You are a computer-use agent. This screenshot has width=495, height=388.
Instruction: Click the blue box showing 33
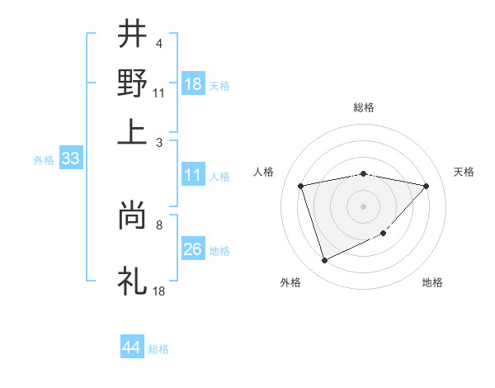pos(70,159)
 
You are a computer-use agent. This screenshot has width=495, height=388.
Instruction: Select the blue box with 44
pos(132,348)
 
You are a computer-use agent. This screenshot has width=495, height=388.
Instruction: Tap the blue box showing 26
pos(193,249)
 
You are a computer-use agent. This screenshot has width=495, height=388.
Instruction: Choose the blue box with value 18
pos(193,84)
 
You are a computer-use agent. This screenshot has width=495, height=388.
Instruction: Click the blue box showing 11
pos(193,175)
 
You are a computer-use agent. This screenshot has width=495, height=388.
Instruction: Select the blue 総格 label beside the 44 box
pos(158,349)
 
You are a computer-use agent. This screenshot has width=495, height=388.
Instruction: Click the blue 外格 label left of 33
pos(44,160)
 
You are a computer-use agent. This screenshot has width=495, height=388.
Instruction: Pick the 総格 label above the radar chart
pos(363,107)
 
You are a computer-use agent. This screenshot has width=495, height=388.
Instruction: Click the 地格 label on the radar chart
pos(432,282)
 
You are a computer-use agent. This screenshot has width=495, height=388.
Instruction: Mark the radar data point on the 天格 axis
pos(426,186)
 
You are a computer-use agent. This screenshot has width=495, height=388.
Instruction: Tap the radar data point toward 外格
pos(324,261)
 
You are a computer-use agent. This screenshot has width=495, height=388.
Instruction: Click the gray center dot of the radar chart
pos(363,206)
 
